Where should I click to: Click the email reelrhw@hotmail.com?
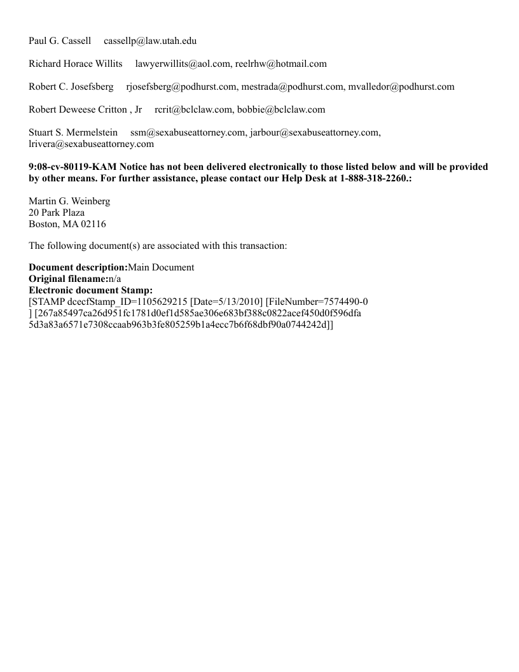pos(281,64)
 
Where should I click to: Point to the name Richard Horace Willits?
pos(76,64)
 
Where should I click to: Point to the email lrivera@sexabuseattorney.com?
pos(91,144)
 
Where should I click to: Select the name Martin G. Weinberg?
pos(69,202)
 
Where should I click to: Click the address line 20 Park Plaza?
pos(57,213)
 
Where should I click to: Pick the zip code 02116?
pos(93,225)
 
